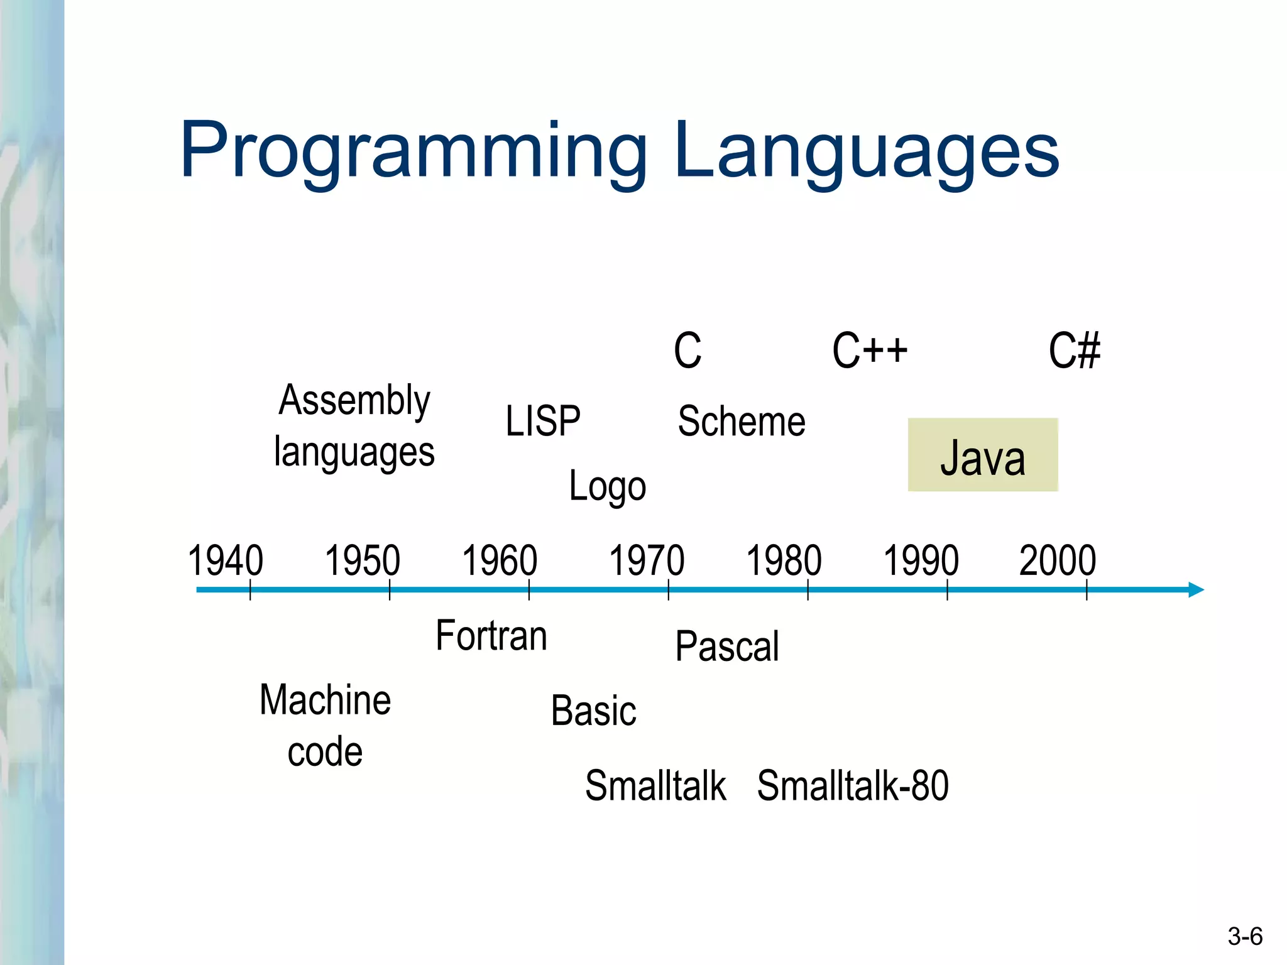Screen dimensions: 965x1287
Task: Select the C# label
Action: (x=1074, y=351)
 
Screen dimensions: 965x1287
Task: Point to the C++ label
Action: (x=870, y=351)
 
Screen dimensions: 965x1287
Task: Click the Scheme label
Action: (x=742, y=421)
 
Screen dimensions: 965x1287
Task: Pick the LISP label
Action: (x=543, y=421)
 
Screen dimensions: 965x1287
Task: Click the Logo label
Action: (x=607, y=486)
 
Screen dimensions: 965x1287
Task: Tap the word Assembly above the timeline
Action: (x=354, y=400)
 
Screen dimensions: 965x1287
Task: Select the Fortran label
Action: (x=491, y=636)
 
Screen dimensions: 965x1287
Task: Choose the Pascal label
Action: (x=727, y=646)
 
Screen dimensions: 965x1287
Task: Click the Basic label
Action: (x=593, y=711)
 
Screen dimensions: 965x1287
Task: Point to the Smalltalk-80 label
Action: (x=853, y=785)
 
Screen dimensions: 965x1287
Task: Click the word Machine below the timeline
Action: (x=325, y=701)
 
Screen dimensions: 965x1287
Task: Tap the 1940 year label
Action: (x=225, y=560)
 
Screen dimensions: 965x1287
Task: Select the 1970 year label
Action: (x=647, y=560)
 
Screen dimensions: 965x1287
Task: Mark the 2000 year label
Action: (x=1058, y=560)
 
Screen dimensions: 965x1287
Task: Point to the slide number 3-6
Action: (x=1245, y=937)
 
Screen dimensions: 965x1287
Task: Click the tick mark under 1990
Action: (x=947, y=591)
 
